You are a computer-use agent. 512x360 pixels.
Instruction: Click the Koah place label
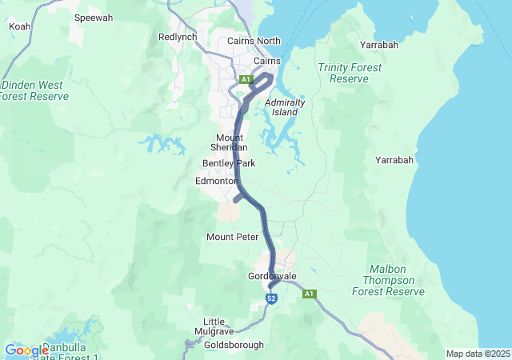19,26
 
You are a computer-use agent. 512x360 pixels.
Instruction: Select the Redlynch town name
177,37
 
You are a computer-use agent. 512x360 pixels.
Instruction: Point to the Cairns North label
254,41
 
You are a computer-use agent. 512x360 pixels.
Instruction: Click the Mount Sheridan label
230,142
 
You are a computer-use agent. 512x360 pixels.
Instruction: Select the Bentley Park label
229,163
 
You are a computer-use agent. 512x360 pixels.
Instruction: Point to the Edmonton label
217,182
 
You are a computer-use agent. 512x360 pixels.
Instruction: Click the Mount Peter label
232,237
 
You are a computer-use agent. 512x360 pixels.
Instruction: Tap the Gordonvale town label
272,276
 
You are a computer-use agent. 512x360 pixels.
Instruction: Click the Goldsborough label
234,345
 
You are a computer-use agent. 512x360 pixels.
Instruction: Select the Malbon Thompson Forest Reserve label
394,280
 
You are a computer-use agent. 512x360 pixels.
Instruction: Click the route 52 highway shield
271,299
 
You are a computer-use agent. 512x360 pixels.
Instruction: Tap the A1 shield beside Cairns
246,78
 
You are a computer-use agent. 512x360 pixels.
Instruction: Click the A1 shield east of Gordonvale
309,294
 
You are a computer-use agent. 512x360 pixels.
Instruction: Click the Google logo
26,350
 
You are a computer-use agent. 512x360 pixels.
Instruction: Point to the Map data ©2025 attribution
477,354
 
